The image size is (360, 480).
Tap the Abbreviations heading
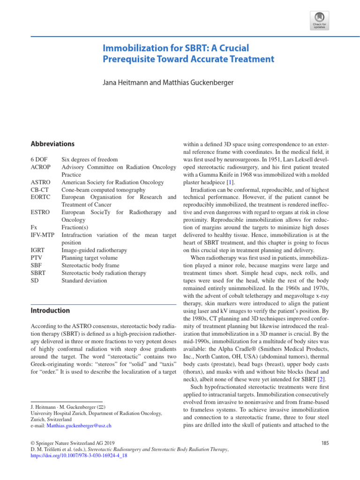52,144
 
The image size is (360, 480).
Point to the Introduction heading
50,310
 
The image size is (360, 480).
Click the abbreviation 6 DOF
39,160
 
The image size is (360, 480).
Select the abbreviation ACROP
41,167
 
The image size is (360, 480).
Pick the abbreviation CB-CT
40,190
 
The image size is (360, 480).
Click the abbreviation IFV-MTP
43,235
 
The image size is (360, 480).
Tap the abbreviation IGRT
38,250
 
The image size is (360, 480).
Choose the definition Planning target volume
90,258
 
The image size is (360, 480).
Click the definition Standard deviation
84,280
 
